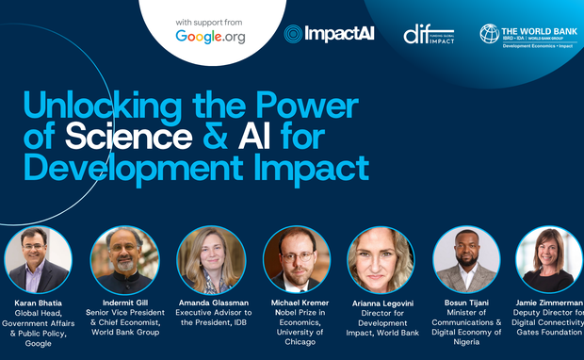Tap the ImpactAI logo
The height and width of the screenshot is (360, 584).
pos(329,34)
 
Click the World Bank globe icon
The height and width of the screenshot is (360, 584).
pos(489,33)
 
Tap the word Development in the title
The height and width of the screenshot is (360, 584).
pos(123,169)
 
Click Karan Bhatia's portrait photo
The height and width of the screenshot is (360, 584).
pos(37,259)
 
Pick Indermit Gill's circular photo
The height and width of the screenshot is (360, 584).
pos(124,259)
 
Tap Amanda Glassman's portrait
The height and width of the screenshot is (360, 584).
pos(211,259)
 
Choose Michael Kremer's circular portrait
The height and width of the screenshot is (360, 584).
pos(297,259)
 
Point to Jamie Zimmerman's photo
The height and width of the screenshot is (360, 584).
pos(549,259)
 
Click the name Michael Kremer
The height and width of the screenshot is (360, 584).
pos(296,303)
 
